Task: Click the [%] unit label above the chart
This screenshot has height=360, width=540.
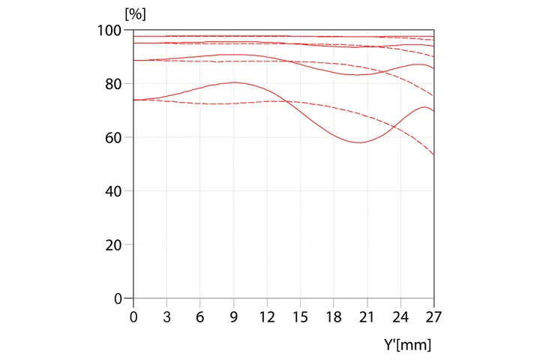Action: (136, 13)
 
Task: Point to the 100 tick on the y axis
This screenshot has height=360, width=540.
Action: (112, 31)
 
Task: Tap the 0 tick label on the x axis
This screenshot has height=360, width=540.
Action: (133, 317)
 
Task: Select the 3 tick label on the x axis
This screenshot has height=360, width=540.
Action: (167, 317)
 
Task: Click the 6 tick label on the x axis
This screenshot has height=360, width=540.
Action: (200, 317)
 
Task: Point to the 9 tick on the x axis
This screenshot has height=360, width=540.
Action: (234, 317)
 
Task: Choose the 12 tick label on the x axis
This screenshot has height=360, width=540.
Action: (267, 317)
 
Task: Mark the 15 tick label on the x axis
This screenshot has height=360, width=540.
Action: (301, 317)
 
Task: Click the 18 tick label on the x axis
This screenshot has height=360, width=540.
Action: (334, 317)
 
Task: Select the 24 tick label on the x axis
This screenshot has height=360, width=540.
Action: (400, 317)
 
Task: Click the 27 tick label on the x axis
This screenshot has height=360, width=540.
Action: (433, 317)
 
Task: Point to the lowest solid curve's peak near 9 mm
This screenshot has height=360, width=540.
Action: (234, 82)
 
